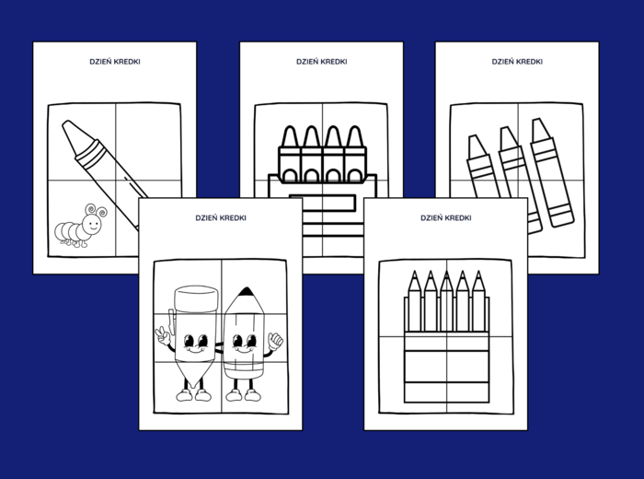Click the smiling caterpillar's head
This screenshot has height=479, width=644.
(x=92, y=225)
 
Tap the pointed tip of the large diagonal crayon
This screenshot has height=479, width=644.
(x=66, y=123)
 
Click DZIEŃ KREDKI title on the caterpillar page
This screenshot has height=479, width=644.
(x=115, y=62)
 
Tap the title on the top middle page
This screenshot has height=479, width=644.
(x=322, y=62)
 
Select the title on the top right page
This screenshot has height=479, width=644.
(x=517, y=62)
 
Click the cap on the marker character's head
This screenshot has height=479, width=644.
(x=196, y=298)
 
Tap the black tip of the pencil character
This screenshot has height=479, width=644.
(x=246, y=291)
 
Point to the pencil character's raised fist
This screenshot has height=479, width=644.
(x=275, y=341)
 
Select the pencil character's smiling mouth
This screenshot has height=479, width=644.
(x=244, y=350)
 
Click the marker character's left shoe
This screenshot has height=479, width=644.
(x=184, y=395)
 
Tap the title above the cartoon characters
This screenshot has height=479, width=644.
(x=221, y=218)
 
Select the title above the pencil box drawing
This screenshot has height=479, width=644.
(x=446, y=218)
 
